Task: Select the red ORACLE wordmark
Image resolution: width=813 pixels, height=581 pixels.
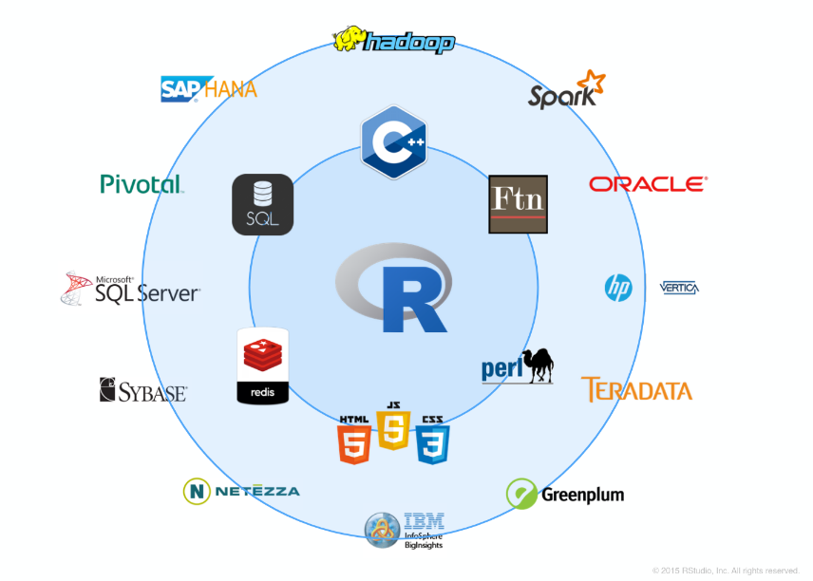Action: [x=648, y=183]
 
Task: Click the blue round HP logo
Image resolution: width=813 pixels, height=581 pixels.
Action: [x=618, y=288]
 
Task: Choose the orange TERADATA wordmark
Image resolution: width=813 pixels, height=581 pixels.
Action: [x=636, y=390]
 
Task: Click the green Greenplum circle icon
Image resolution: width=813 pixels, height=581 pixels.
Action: [x=521, y=494]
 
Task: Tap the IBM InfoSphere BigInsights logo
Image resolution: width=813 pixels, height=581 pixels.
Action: [x=405, y=530]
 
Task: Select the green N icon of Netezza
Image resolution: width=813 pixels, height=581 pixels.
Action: [x=197, y=491]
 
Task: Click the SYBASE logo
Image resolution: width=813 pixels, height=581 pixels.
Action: [x=142, y=390]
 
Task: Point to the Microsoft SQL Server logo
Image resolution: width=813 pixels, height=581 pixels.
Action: [x=130, y=289]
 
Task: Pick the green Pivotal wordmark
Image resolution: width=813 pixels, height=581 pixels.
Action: [x=141, y=183]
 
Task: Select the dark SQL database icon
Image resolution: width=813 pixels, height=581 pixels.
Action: [x=262, y=204]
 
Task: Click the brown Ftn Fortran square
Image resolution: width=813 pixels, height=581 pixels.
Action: [x=518, y=204]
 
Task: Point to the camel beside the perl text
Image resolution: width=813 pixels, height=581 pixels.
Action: [x=538, y=364]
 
